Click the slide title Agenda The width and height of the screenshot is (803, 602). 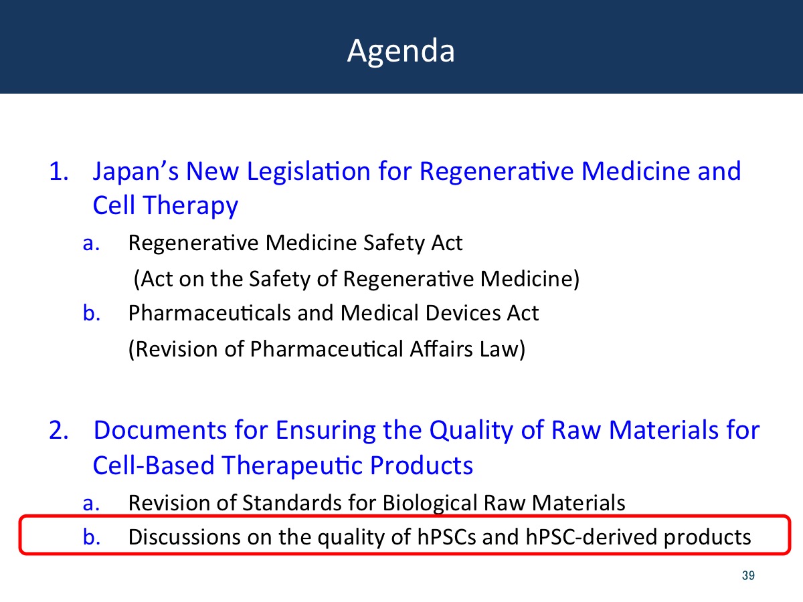click(x=401, y=52)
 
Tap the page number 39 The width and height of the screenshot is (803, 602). click(x=748, y=575)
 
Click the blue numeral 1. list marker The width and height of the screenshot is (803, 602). click(x=58, y=171)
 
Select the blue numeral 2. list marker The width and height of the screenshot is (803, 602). click(x=58, y=430)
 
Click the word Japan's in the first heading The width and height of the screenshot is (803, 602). click(x=136, y=172)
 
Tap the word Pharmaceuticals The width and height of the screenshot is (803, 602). click(x=209, y=313)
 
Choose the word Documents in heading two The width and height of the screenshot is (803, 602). click(x=160, y=430)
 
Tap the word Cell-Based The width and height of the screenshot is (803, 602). click(x=154, y=466)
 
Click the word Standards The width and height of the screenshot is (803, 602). click(x=292, y=502)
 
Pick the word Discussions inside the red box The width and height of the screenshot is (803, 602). click(x=185, y=537)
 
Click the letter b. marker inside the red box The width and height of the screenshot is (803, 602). click(x=92, y=537)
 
